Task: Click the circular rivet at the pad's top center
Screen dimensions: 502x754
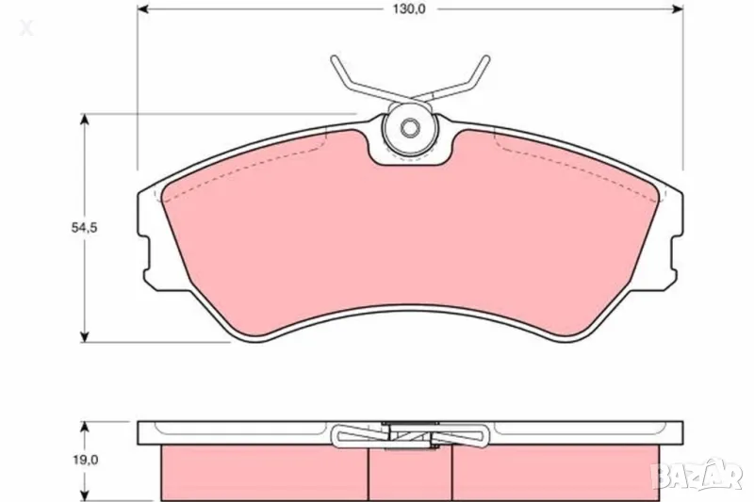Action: [410, 129]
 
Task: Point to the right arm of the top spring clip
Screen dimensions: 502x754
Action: [466, 80]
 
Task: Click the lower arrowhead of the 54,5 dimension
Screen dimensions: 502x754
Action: [86, 336]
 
